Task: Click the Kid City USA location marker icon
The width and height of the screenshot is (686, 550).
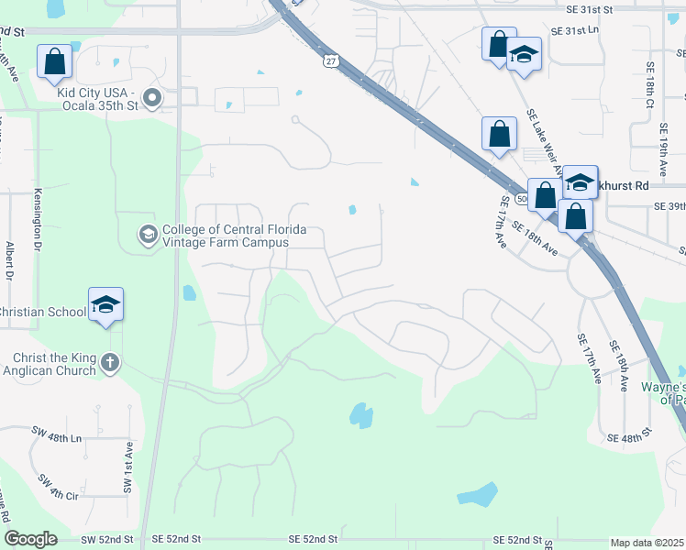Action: pyautogui.click(x=153, y=98)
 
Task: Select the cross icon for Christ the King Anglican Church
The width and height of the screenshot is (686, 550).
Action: pyautogui.click(x=110, y=363)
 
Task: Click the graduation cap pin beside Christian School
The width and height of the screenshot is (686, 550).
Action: pyautogui.click(x=105, y=305)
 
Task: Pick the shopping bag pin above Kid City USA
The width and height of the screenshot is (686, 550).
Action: pyautogui.click(x=54, y=61)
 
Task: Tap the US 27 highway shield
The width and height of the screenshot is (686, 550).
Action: pyautogui.click(x=329, y=60)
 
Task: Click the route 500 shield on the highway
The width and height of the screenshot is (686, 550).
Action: pyautogui.click(x=522, y=198)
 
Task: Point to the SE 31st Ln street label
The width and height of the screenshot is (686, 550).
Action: pyautogui.click(x=574, y=31)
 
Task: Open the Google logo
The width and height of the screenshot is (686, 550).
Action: pyautogui.click(x=30, y=539)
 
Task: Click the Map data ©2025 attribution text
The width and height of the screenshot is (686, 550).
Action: pyautogui.click(x=647, y=543)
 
